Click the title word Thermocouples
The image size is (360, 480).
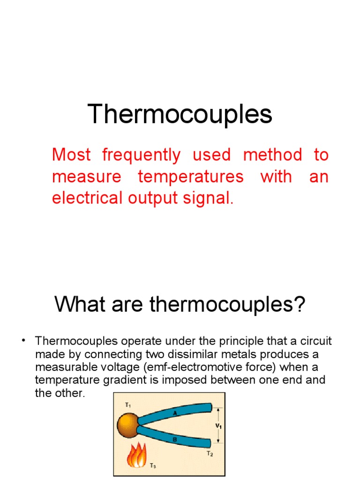point(180,114)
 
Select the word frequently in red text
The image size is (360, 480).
point(141,155)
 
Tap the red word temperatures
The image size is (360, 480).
point(191,177)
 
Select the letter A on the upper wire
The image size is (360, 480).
point(175,413)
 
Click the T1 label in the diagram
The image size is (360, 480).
point(127,405)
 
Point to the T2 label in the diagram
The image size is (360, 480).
point(210,454)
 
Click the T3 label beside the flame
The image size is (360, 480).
point(153,466)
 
